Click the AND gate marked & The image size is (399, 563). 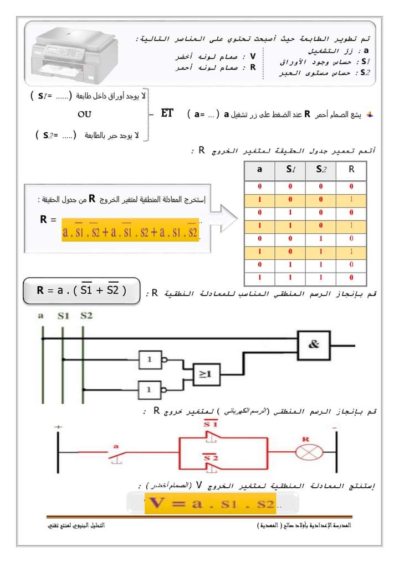314,345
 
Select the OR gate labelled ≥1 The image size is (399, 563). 205,374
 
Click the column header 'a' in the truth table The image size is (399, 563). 260,170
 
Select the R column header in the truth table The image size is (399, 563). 351,170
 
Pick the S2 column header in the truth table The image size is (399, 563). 321,170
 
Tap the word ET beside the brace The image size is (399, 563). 167,113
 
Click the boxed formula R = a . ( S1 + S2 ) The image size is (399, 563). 81,290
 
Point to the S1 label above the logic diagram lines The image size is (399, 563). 63,316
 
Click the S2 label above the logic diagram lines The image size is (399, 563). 86,316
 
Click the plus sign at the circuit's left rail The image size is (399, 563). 58,427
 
